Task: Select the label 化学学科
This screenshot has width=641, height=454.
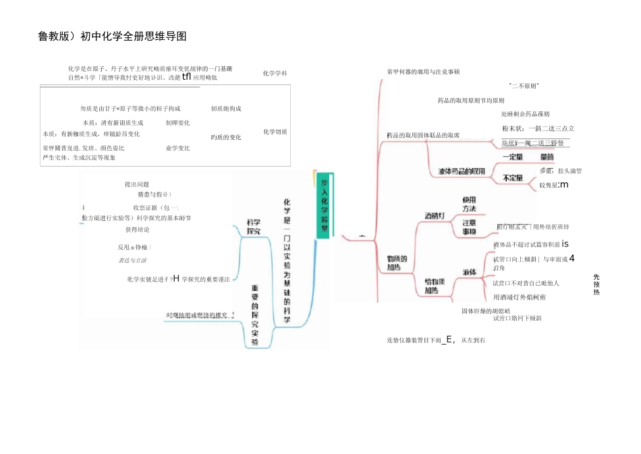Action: tap(275, 73)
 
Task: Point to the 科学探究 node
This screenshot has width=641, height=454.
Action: tap(253, 226)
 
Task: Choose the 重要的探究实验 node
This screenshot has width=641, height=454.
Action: tap(255, 314)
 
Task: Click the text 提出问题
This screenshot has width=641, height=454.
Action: tap(137, 184)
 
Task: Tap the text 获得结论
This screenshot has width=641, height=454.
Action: tap(138, 230)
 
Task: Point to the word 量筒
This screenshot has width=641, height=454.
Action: tap(547, 157)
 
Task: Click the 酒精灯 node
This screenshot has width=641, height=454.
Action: tap(435, 216)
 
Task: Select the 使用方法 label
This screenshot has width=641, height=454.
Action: tap(469, 205)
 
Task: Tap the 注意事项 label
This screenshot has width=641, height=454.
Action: tap(469, 226)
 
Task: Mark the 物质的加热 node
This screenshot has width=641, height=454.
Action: tap(397, 263)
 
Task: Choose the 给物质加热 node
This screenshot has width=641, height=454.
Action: tap(435, 286)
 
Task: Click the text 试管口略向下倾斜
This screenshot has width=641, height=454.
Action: tap(517, 318)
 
